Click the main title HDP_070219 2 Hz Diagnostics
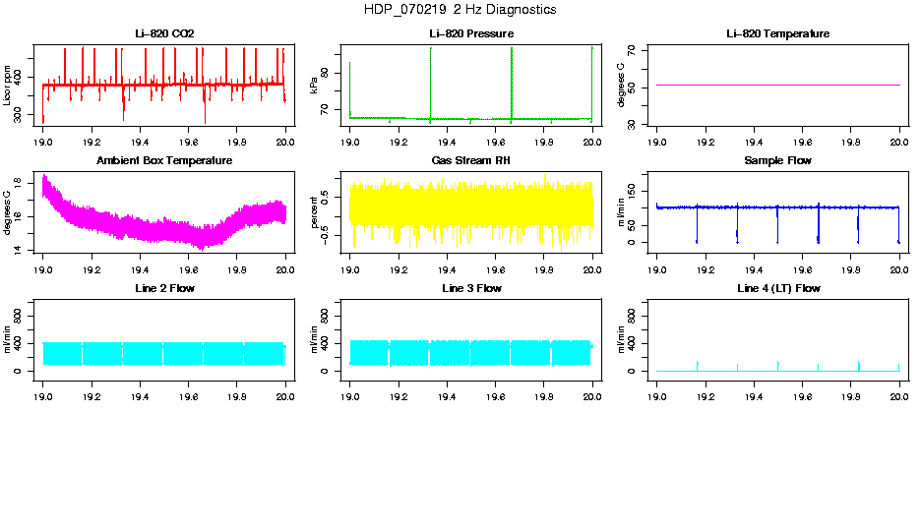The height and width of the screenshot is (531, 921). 459,10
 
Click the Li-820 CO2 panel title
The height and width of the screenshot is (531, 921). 164,33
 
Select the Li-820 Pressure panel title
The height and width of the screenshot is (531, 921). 471,33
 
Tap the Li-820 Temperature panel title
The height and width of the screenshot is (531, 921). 777,33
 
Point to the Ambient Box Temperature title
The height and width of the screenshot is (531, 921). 164,160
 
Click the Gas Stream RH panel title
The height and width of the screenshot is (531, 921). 471,160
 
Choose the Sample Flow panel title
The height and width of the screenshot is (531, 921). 777,160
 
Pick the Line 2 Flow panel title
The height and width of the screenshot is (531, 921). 164,288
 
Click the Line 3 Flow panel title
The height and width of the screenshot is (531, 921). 471,288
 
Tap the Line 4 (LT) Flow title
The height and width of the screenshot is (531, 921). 777,288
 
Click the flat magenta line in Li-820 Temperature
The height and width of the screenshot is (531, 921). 777,86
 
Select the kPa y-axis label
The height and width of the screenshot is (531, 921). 315,86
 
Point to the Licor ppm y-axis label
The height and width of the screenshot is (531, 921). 8,86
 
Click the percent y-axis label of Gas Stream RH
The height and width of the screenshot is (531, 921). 315,212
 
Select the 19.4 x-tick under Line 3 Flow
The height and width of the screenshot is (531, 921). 447,396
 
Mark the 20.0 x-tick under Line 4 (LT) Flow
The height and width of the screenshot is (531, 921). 899,396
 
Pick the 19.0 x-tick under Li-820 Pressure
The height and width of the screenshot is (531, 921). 350,142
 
